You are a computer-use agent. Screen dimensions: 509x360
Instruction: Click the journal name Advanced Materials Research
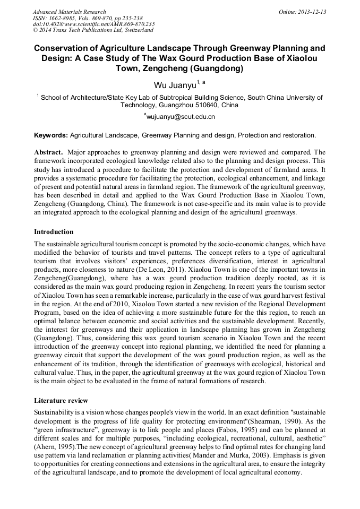click(x=69, y=12)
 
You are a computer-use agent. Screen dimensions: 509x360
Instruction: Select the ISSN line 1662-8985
click(x=87, y=18)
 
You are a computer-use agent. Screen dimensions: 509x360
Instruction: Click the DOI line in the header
click(x=93, y=24)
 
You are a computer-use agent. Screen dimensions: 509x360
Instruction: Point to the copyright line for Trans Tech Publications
click(x=93, y=30)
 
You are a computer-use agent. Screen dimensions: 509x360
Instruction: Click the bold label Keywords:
click(x=51, y=135)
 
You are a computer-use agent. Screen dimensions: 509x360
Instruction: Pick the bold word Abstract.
click(x=49, y=152)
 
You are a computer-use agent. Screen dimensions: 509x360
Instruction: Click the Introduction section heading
click(x=54, y=232)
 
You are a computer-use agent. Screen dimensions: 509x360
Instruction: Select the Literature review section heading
click(x=61, y=400)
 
